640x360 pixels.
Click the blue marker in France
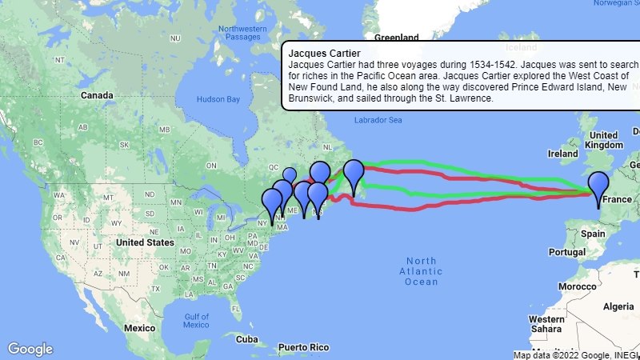[598, 185]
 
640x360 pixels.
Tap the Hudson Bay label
[218, 100]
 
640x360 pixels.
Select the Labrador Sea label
[374, 120]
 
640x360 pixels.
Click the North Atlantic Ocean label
[421, 271]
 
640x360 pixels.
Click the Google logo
[30, 349]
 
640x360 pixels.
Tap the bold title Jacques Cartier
[318, 53]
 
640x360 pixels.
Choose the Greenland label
[398, 38]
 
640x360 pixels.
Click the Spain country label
[593, 234]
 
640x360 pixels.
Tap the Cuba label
[247, 339]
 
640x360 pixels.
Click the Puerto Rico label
[304, 348]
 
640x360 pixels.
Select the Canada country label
[97, 95]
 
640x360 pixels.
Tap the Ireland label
[562, 153]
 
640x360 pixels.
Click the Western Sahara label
[546, 324]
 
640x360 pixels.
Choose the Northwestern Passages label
[241, 33]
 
